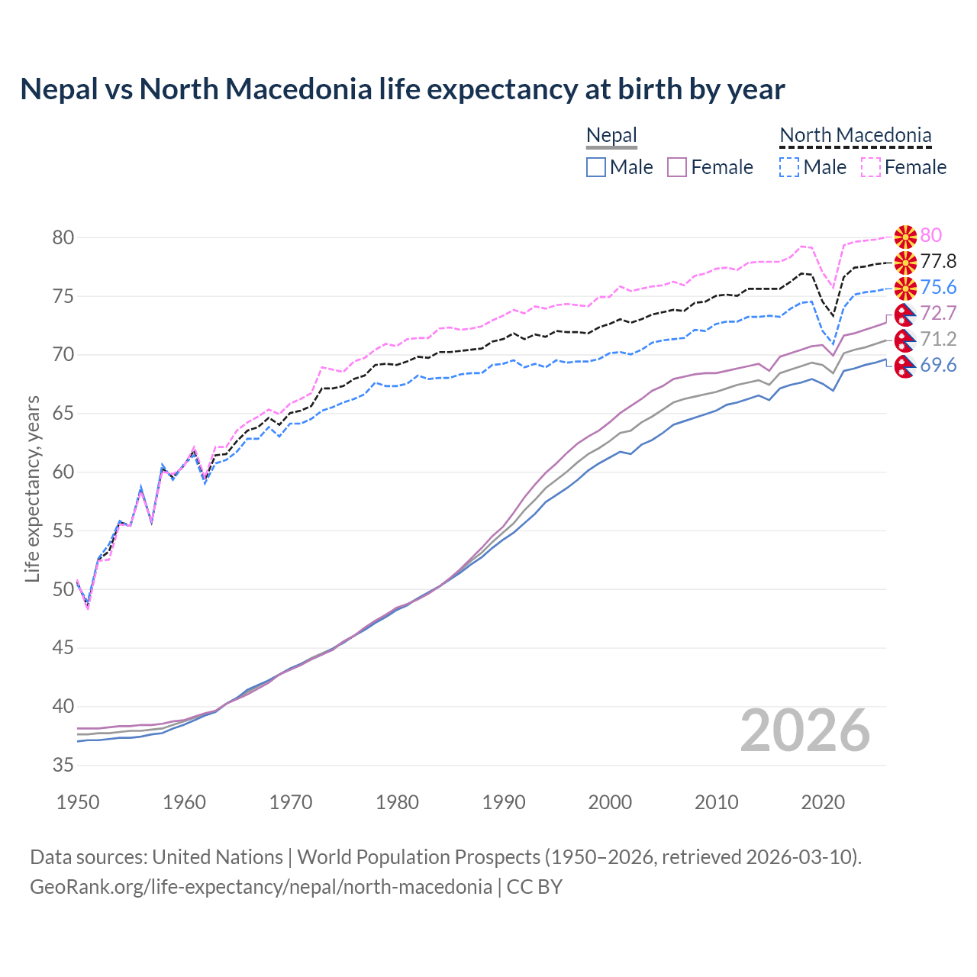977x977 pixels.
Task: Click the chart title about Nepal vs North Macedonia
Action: pos(402,89)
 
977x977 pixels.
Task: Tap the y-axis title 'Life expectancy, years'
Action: pos(32,488)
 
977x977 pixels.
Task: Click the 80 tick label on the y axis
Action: pos(63,237)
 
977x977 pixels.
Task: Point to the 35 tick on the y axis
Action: pos(63,765)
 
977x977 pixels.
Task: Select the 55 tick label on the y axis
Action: pos(63,530)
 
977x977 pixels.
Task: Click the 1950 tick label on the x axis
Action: pos(78,802)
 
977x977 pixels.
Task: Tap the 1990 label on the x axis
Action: pos(504,802)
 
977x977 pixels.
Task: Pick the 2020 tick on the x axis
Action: pos(823,802)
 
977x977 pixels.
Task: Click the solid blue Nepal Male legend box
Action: pos(596,167)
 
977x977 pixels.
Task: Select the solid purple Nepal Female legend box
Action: pos(677,167)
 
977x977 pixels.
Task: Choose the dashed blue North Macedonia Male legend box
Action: pos(789,167)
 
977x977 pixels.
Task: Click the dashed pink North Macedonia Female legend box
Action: pos(871,167)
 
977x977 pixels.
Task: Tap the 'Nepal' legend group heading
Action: pos(611,136)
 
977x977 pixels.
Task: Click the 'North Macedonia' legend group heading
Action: pos(856,136)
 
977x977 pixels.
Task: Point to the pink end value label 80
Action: pos(931,235)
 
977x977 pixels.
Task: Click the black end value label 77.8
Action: pos(938,261)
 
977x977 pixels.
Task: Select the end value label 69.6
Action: pos(938,365)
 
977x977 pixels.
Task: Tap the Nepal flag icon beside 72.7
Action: pos(905,314)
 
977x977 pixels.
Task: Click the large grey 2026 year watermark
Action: pos(805,730)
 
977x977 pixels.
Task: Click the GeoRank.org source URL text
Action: pos(261,886)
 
